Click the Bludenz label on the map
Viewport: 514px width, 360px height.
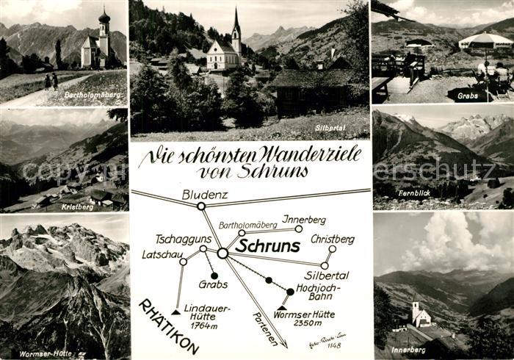205,195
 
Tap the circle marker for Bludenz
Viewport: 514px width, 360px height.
200,206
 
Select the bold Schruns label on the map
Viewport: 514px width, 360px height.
267,246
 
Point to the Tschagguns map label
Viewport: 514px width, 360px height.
184,240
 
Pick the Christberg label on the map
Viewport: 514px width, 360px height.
332,239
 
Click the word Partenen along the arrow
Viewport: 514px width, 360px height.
264,328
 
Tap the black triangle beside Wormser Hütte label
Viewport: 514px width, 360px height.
282,308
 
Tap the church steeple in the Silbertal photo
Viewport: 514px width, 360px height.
236,26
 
